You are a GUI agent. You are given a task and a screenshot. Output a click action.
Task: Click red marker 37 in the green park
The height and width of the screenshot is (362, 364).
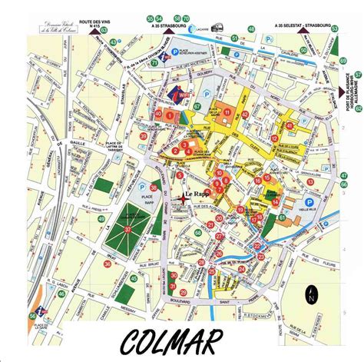(x=127, y=217)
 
